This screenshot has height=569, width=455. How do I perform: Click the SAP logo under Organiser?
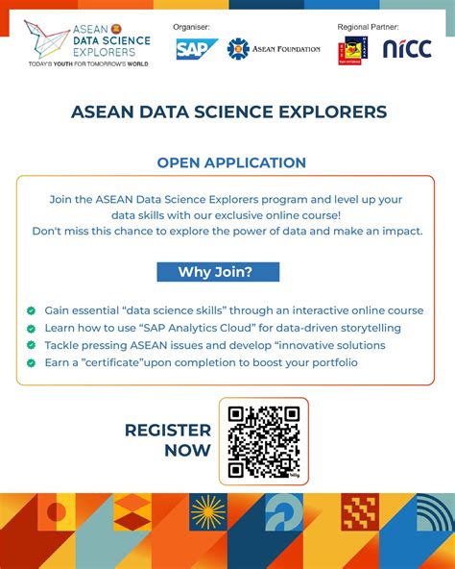point(197,49)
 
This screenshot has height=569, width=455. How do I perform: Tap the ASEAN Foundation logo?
point(274,49)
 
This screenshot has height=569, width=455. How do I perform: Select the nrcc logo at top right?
point(407,49)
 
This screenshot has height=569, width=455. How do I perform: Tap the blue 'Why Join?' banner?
point(218,272)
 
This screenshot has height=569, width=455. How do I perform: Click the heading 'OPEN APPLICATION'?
point(231,162)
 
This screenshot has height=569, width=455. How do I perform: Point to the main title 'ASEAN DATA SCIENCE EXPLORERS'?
point(228,112)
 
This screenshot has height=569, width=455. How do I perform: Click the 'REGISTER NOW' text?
point(167,440)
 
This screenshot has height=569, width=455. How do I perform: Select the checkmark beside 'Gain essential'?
point(32,311)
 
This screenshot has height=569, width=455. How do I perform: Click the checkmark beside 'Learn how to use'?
point(32,329)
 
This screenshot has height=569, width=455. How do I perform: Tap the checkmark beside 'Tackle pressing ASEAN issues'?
point(32,346)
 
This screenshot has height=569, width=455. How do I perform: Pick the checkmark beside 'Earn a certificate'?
point(32,363)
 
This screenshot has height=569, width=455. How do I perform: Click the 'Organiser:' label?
point(192,27)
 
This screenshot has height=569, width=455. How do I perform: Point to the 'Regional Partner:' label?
point(368,27)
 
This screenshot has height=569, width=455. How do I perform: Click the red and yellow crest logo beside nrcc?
point(353,50)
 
